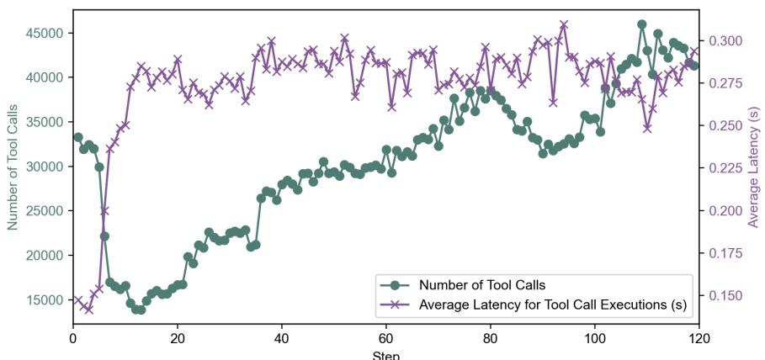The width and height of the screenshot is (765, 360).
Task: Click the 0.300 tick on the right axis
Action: pos(725,40)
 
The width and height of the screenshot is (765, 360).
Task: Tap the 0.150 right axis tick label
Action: pos(725,295)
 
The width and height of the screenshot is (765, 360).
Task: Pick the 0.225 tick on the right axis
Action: pos(725,168)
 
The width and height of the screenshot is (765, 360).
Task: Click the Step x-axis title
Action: pos(386,354)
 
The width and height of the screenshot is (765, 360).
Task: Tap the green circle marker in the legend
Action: pos(396,284)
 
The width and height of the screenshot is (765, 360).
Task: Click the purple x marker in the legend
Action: pos(396,304)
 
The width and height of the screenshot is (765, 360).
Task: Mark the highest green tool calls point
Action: pos(642,24)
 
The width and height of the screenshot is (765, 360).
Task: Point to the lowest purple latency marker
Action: pos(88,310)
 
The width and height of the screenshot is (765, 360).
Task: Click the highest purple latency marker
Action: pos(564,24)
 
